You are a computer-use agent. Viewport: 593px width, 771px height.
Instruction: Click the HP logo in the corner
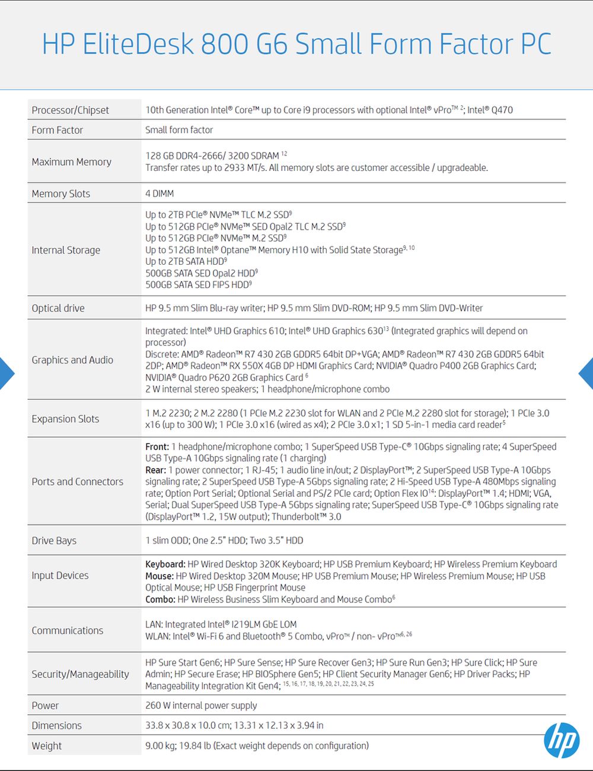(561, 740)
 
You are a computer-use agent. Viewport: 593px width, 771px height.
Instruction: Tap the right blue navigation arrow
(586, 373)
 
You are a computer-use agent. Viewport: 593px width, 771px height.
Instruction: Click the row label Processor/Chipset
(70, 110)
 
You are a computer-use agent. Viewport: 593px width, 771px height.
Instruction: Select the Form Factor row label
(57, 130)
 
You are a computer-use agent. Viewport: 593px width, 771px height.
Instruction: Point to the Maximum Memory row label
(71, 162)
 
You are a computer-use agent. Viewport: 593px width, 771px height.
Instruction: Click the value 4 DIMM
(160, 193)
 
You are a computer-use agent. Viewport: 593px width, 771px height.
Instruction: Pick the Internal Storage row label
(66, 250)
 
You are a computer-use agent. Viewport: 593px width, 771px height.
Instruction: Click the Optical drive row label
(58, 308)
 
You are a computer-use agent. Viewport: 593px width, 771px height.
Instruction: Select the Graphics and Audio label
(72, 360)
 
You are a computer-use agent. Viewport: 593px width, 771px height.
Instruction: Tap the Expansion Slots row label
(65, 418)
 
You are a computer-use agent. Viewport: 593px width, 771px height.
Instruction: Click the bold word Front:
(157, 446)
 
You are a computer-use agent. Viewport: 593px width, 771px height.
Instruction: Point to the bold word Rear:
(156, 470)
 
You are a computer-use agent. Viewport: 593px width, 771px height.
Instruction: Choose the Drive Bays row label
(54, 540)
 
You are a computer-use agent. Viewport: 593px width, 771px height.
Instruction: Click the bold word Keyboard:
(165, 564)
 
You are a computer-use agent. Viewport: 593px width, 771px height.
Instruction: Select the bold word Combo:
(160, 599)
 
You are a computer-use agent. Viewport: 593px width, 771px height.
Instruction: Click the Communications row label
(67, 630)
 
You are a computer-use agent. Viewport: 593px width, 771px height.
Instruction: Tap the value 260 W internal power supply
(201, 705)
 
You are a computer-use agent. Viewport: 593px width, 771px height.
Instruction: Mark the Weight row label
(47, 745)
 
